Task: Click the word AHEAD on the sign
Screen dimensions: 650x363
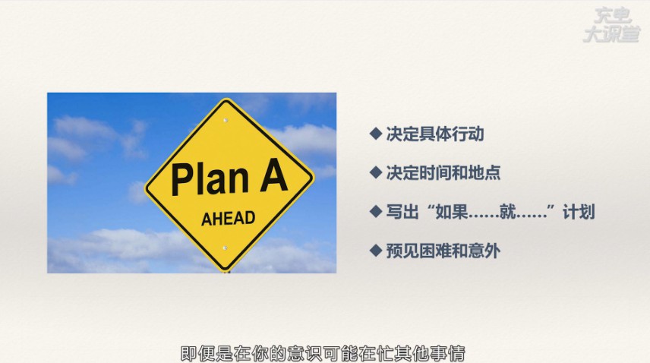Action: click(228, 219)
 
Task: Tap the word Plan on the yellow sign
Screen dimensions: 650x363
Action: click(210, 179)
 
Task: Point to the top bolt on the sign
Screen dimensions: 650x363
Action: click(226, 120)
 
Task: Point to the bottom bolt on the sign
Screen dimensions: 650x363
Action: click(225, 248)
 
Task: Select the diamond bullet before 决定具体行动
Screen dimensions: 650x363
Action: click(376, 134)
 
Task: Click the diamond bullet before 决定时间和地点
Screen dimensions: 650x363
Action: click(376, 172)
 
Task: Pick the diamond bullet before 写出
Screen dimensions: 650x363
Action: click(376, 211)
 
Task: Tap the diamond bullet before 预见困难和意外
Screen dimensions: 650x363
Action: click(376, 251)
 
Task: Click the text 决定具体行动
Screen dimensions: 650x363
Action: click(435, 134)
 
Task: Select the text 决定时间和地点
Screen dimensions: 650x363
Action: click(443, 172)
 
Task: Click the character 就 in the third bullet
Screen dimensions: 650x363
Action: click(507, 212)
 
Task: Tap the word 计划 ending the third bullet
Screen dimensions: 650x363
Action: click(579, 212)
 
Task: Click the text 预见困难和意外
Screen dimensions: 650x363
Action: click(443, 251)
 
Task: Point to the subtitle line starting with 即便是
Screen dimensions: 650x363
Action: click(323, 353)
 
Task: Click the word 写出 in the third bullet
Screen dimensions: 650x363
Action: click(402, 212)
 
